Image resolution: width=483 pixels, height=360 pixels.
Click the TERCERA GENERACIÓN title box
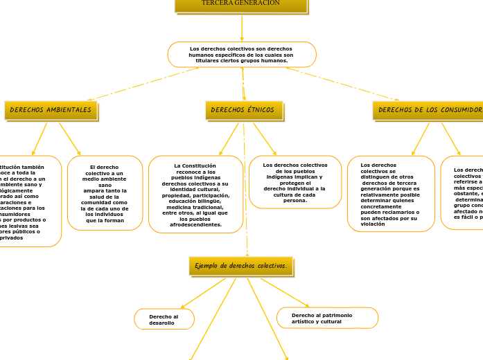tap(240, 4)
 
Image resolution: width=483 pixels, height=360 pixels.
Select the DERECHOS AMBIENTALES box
tap(51, 110)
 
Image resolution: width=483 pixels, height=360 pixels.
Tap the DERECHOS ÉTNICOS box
tap(243, 110)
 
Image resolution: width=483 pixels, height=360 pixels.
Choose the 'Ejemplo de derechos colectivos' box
tap(240, 266)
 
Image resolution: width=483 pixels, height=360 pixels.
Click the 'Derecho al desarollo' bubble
tap(164, 319)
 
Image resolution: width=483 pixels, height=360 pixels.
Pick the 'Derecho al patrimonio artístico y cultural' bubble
tap(327, 318)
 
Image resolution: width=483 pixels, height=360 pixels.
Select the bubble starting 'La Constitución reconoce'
tap(195, 195)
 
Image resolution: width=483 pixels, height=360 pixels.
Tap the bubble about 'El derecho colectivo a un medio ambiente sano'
tap(105, 193)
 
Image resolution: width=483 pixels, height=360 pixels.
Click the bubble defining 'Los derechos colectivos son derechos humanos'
tap(241, 55)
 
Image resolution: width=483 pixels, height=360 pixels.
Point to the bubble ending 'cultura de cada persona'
tap(295, 182)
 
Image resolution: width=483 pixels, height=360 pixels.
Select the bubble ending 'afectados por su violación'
tap(390, 194)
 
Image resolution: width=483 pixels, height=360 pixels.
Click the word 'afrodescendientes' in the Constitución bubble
tap(196, 224)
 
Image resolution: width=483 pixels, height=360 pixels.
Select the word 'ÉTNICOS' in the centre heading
tap(261, 110)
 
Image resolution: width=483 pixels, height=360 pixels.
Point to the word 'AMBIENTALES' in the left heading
tap(68, 110)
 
